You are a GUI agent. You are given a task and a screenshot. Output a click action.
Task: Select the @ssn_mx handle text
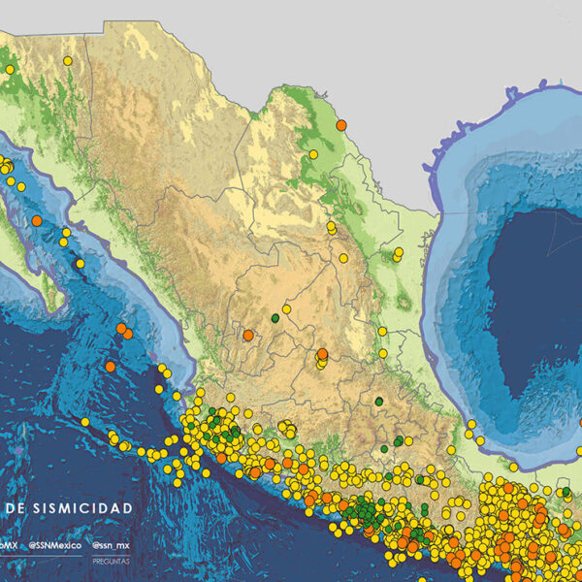click(x=112, y=546)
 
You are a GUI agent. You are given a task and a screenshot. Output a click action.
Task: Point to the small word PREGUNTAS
click(x=111, y=560)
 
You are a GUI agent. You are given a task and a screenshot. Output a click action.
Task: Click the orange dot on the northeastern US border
click(x=341, y=124)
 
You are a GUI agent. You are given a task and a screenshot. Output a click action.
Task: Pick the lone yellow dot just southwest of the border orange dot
click(x=313, y=153)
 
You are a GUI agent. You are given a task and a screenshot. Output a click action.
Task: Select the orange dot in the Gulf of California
click(x=36, y=221)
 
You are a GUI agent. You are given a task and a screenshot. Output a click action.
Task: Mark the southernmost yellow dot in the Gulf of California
click(x=80, y=264)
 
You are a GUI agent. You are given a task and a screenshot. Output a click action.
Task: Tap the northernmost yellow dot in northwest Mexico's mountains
click(x=68, y=61)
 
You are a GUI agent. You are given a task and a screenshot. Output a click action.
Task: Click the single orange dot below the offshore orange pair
click(x=111, y=367)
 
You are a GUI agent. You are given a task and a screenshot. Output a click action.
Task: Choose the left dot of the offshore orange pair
click(x=120, y=329)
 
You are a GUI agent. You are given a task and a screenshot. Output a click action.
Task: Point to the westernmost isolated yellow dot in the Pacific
click(x=84, y=423)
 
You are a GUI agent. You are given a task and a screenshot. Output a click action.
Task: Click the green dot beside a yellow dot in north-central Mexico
click(x=275, y=317)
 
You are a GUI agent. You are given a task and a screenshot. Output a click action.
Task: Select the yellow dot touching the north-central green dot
click(x=286, y=309)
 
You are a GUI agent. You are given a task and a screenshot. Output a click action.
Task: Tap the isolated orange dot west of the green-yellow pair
click(x=248, y=336)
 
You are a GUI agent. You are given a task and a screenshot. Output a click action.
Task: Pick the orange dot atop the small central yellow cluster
click(x=322, y=354)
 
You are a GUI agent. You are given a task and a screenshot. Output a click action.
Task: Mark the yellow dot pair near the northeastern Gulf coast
click(x=398, y=254)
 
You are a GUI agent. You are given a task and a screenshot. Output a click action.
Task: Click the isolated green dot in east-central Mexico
click(x=378, y=401)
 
